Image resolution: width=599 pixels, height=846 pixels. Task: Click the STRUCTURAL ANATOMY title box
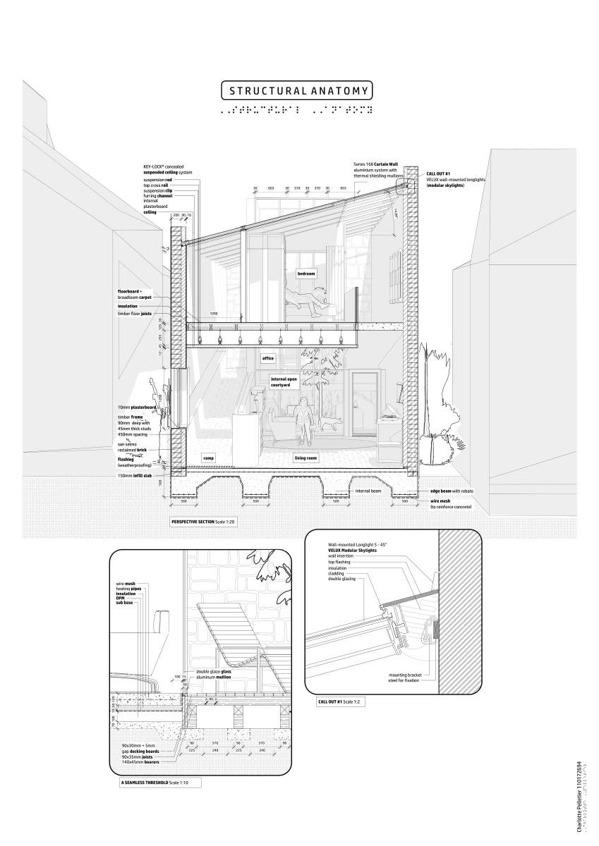296,91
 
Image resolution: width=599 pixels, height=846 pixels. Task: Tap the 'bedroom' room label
305,273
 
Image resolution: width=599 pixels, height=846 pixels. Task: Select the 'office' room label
268,358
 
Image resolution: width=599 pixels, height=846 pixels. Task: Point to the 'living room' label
305,458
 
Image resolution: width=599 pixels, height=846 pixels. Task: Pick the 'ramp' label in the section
208,458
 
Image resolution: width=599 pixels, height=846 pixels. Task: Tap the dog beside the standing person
329,423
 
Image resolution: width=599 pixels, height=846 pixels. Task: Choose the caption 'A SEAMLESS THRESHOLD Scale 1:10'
159,783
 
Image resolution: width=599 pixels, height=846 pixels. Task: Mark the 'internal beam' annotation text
369,491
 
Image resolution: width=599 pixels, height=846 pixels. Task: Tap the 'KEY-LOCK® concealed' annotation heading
164,166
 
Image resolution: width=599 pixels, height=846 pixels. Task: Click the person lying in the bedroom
309,299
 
